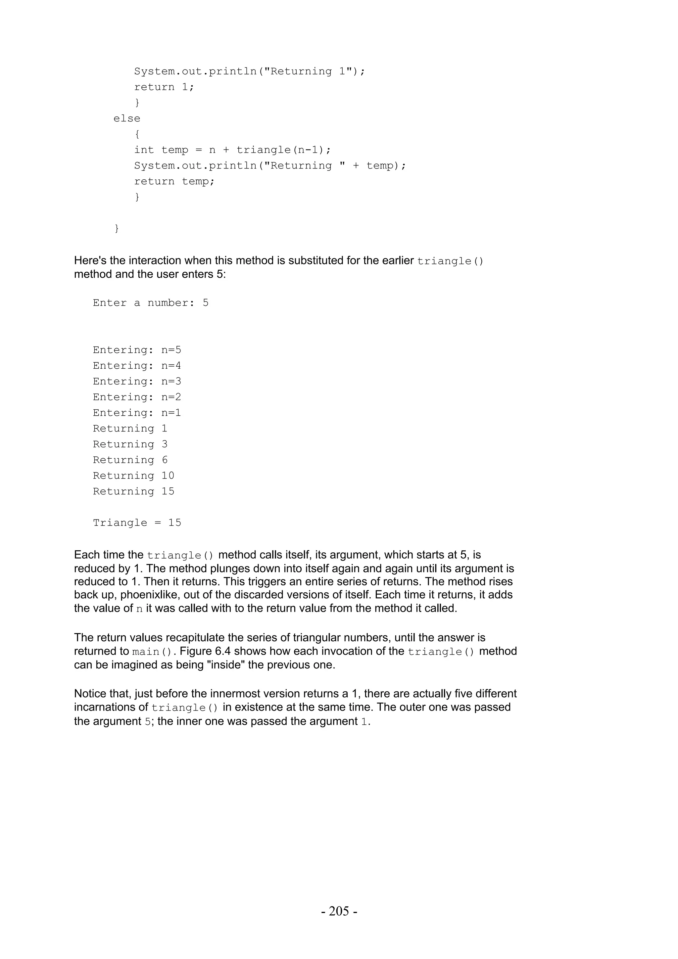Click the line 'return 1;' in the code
tap(164, 87)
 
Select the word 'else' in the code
tap(126, 118)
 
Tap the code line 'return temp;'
tap(174, 181)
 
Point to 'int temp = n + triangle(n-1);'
tap(232, 150)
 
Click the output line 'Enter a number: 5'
tap(150, 303)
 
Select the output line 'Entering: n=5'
tap(137, 350)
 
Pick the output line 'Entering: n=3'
tap(137, 381)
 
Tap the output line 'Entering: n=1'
tap(137, 413)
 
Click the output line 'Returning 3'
tap(130, 444)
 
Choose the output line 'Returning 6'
tap(130, 460)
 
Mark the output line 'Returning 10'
tap(133, 476)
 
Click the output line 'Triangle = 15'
tap(137, 523)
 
